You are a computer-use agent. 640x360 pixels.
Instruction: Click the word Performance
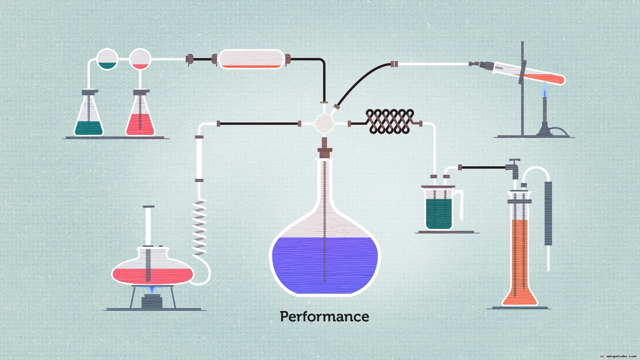[x=324, y=317]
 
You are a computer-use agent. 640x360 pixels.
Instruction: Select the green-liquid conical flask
[x=88, y=117]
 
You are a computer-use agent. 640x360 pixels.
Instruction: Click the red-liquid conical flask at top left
[x=140, y=117]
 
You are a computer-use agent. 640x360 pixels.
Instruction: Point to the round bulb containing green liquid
[x=107, y=59]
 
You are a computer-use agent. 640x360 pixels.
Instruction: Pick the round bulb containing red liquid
[x=140, y=59]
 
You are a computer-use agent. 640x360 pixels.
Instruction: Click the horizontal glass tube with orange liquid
[x=251, y=59]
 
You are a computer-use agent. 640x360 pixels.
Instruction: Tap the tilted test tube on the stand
[x=530, y=75]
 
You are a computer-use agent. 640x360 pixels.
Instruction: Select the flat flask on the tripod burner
[x=152, y=267]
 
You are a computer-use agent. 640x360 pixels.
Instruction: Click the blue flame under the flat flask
[x=152, y=290]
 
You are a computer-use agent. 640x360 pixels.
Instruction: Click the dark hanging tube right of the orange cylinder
[x=548, y=213]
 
